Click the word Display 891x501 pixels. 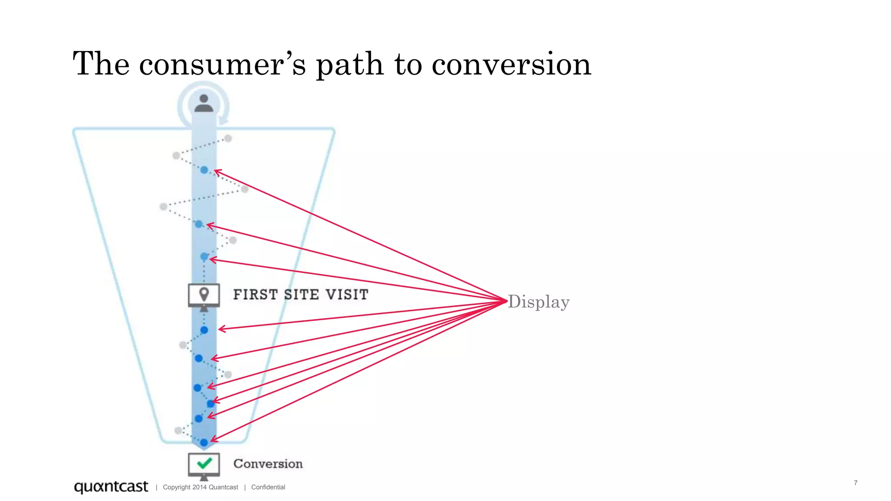(539, 302)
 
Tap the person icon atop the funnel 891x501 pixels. (204, 104)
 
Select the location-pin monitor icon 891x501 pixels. (204, 295)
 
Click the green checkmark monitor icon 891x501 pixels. (204, 464)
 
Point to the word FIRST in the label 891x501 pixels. (255, 294)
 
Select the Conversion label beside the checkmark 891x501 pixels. (268, 464)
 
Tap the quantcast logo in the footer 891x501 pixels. (111, 487)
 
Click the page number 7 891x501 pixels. (855, 483)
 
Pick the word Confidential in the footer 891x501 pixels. (268, 487)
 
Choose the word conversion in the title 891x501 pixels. (511, 64)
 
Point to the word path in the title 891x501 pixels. (350, 64)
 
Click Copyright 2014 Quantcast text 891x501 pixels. (201, 487)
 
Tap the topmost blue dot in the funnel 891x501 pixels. (204, 170)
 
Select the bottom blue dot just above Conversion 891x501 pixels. (204, 443)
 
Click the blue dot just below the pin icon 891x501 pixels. (204, 330)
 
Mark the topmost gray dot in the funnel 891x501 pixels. (228, 138)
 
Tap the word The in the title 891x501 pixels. (101, 64)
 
